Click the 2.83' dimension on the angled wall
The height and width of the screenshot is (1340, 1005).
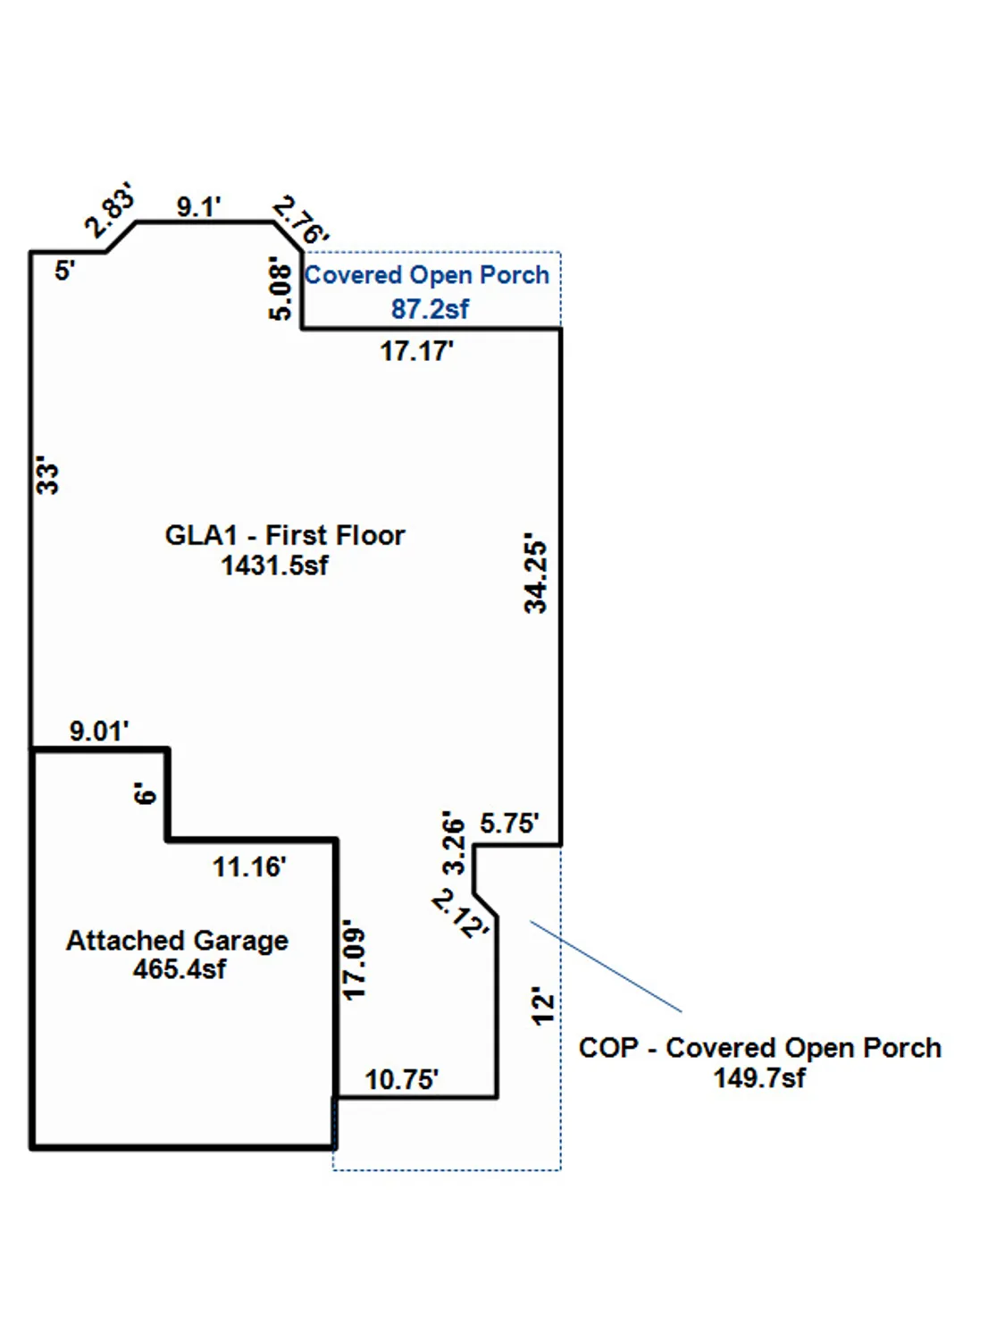pos(110,210)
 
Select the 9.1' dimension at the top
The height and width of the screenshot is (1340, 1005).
pos(198,206)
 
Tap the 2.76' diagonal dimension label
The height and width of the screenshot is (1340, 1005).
pos(301,220)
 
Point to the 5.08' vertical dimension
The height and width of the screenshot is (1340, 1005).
pos(281,290)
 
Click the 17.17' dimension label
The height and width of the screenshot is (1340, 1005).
pos(416,351)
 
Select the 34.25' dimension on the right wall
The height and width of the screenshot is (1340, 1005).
pos(535,574)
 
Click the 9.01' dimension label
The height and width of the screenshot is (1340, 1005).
pos(99,731)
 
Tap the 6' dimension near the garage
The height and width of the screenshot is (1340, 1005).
pos(145,793)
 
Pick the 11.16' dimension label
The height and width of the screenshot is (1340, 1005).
pos(248,867)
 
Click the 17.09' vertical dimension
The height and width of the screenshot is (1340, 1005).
pos(355,960)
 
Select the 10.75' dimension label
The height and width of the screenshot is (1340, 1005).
pos(401,1079)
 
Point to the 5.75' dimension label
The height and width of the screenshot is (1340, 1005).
pos(509,823)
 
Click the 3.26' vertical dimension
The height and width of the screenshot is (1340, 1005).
pos(454,842)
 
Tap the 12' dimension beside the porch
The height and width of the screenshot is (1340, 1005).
pos(542,1006)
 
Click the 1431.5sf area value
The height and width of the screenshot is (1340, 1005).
pos(274,565)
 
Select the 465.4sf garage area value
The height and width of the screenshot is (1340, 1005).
pos(179,969)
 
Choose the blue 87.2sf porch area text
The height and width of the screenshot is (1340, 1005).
pos(430,309)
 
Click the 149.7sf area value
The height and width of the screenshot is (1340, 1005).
pos(758,1078)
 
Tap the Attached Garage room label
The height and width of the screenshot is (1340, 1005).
pos(177,940)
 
